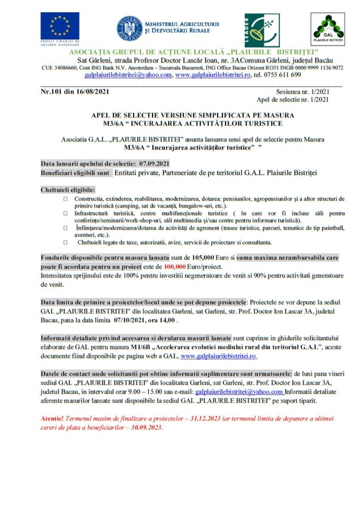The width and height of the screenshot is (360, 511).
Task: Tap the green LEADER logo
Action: tap(262, 31)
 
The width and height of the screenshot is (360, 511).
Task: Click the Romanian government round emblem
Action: tap(127, 28)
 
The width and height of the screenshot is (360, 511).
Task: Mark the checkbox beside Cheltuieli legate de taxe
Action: tap(65, 242)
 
